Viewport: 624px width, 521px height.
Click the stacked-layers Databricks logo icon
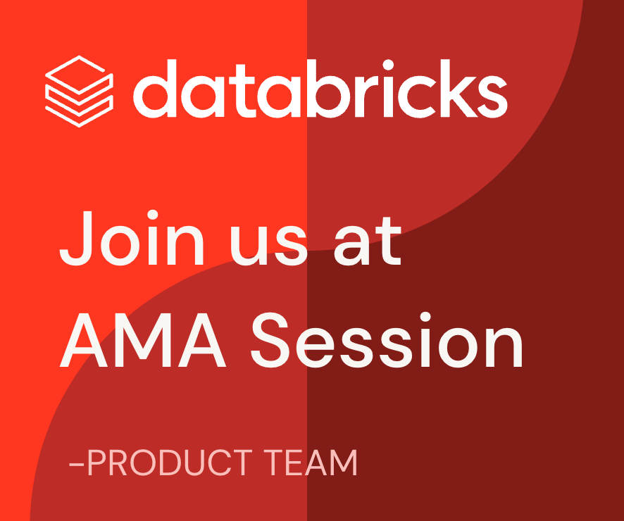point(79,91)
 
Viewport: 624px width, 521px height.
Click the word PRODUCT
point(168,463)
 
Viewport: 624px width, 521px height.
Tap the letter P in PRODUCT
point(96,463)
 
